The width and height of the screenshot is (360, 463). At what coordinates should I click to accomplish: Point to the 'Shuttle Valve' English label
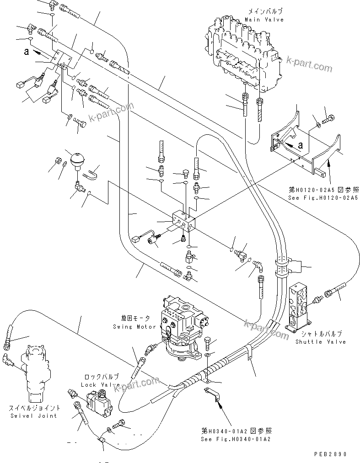pos(320,341)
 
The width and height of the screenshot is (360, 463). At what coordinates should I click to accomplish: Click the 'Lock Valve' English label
pos(100,385)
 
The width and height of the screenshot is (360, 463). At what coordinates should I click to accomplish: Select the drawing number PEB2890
pos(330,455)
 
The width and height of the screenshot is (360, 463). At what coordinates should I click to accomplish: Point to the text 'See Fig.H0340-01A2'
pos(236,439)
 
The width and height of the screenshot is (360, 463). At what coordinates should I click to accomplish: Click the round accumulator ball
pos(75,160)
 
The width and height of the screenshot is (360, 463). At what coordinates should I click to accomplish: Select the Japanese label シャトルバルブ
pos(320,334)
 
